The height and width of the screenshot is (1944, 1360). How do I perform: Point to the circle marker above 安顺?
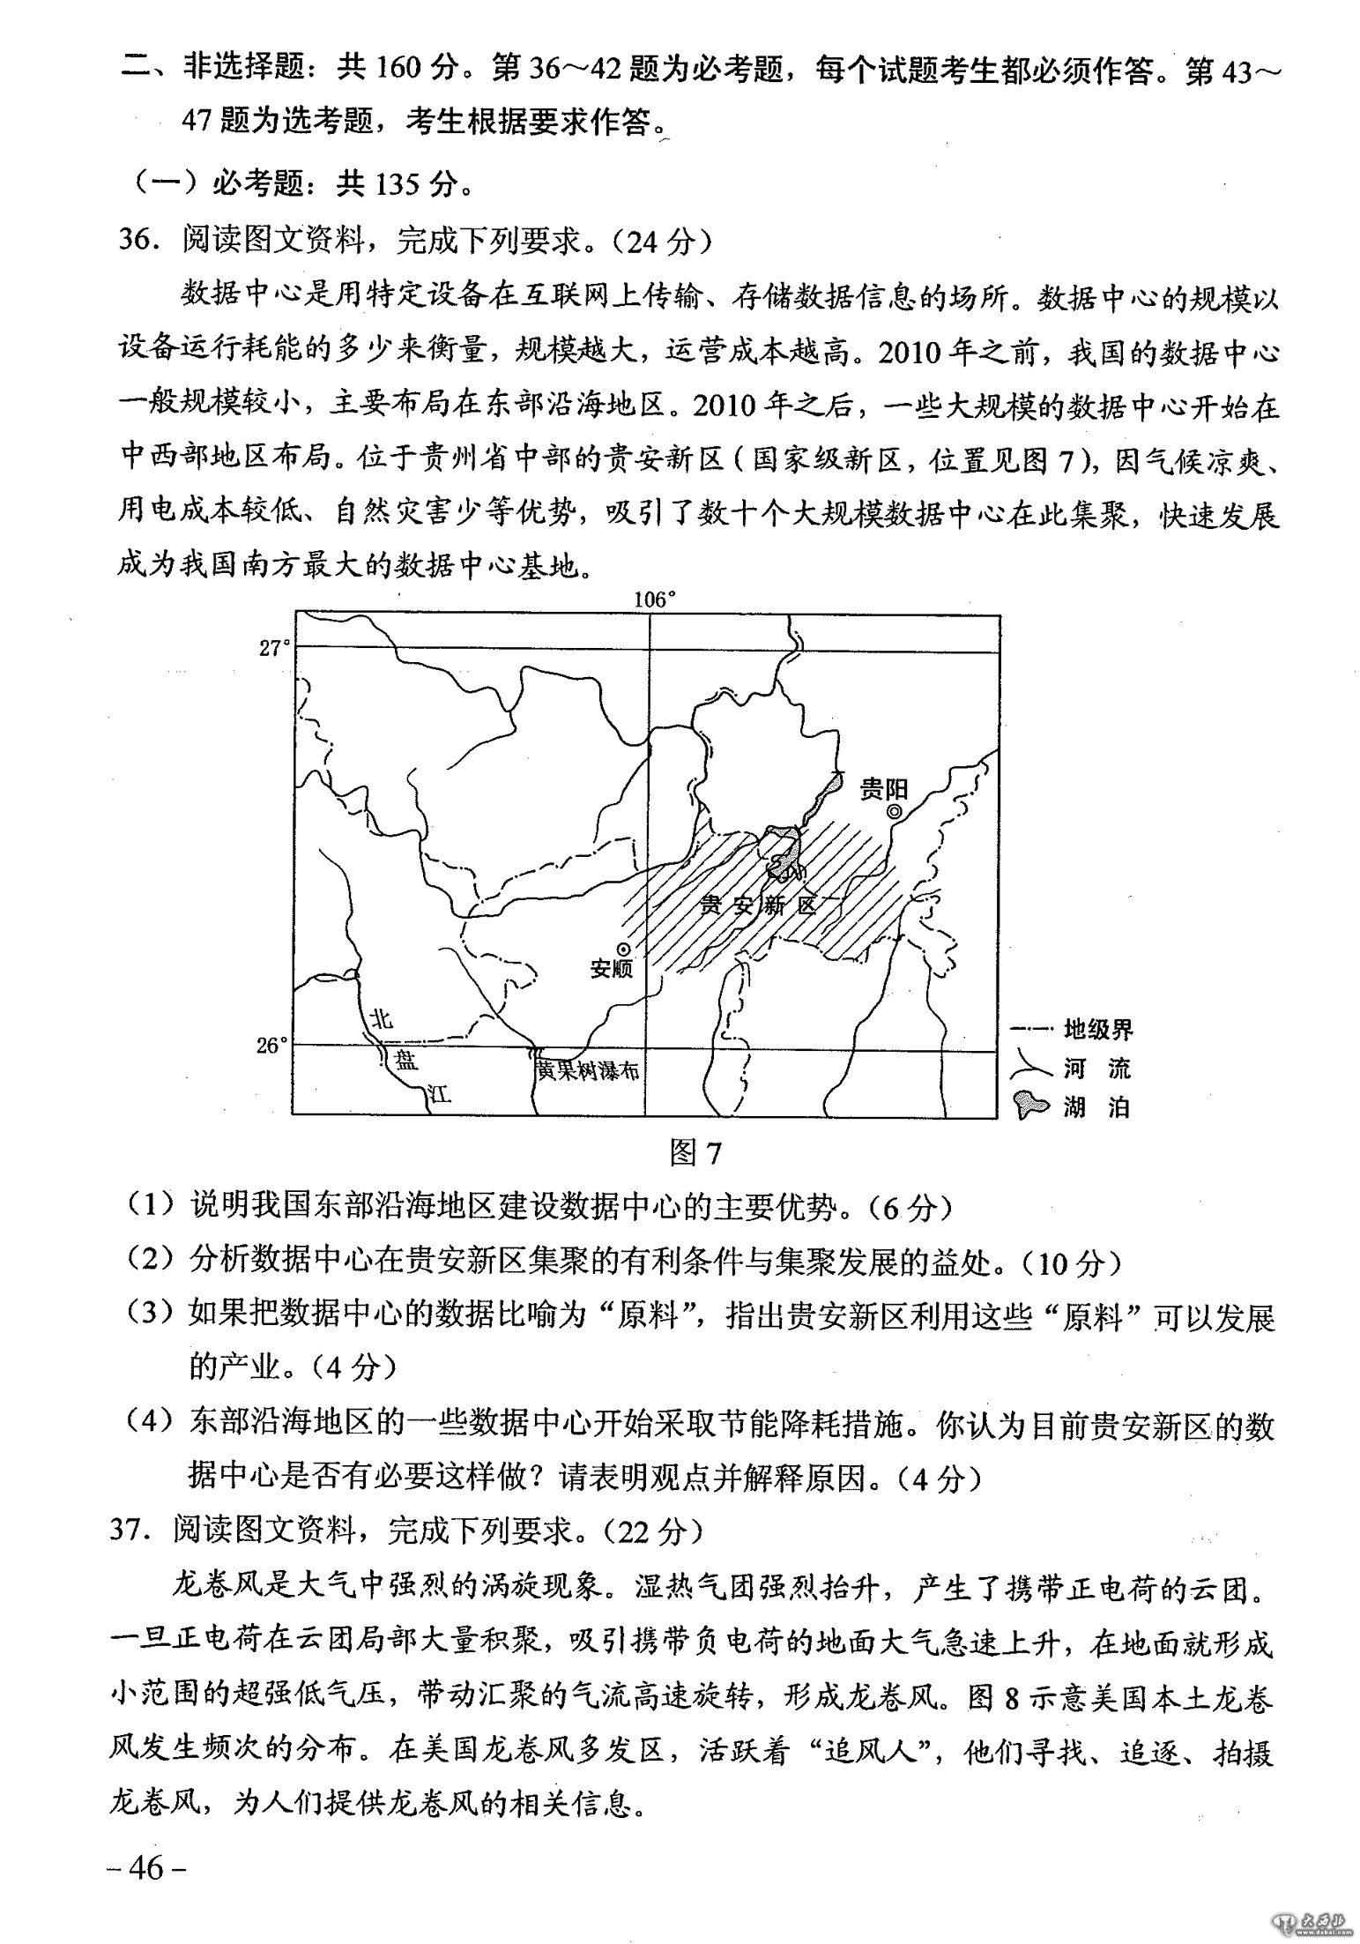pos(623,949)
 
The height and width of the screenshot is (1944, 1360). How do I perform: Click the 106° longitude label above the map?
pos(654,600)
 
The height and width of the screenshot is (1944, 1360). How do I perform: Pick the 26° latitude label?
pos(272,1046)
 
